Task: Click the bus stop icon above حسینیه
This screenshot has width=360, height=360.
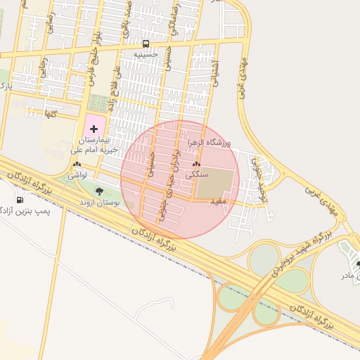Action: click(146, 44)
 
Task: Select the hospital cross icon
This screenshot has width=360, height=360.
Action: click(94, 129)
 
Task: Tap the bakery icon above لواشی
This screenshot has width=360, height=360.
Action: click(77, 165)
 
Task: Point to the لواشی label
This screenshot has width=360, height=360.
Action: click(77, 174)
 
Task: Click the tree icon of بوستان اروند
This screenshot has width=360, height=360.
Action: click(98, 191)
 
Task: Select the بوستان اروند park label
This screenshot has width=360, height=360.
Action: click(99, 202)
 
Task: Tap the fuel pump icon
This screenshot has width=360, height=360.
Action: click(19, 200)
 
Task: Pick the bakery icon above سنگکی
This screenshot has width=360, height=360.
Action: click(195, 165)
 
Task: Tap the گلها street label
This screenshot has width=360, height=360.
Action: click(51, 113)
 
